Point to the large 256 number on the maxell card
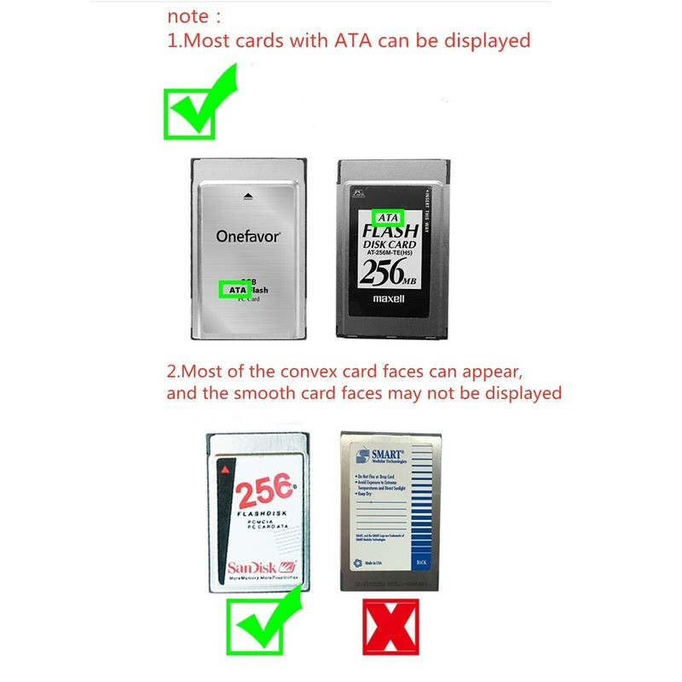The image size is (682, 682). (x=389, y=272)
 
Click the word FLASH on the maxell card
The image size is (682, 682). (x=390, y=231)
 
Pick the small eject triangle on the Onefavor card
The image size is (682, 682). (x=247, y=194)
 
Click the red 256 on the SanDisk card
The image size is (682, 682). (x=265, y=494)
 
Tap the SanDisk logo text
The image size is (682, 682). (x=255, y=568)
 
